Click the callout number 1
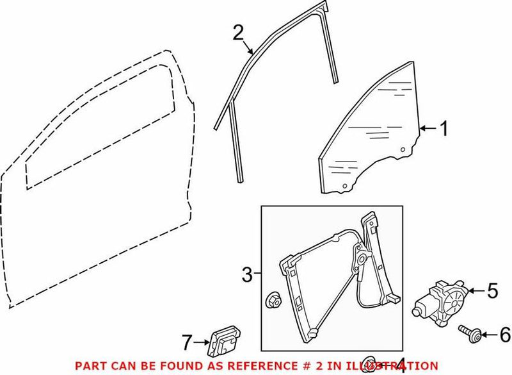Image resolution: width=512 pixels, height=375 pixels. click(442, 130)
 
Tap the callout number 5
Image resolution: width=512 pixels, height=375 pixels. click(492, 291)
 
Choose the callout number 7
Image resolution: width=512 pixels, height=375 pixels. click(186, 344)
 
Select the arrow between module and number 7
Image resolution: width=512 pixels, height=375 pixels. click(200, 344)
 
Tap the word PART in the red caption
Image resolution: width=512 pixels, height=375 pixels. click(88, 365)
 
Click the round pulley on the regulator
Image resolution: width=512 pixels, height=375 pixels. click(361, 261)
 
